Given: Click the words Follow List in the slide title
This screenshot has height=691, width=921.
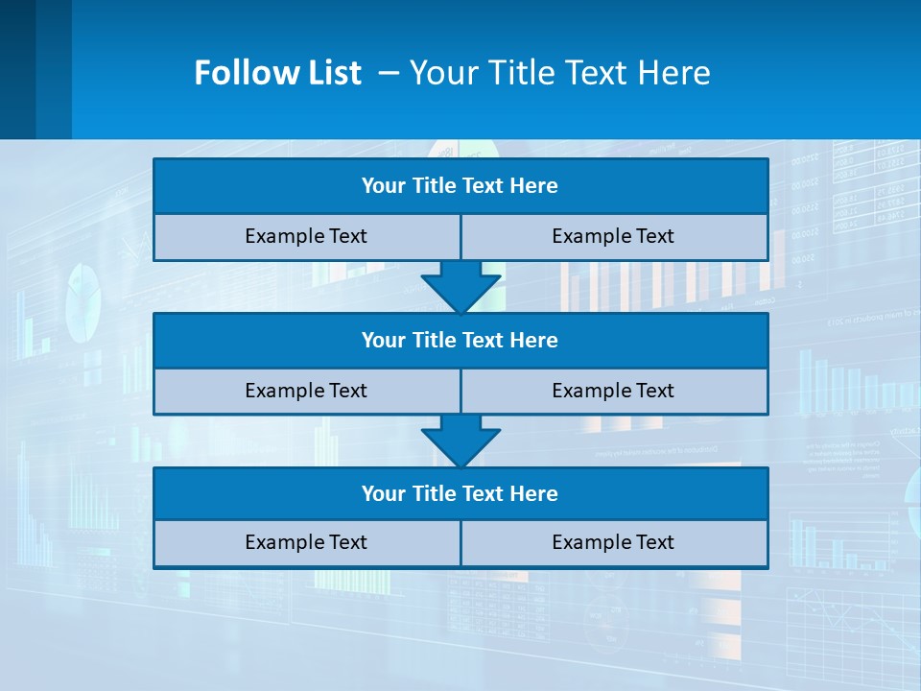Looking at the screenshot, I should tap(277, 73).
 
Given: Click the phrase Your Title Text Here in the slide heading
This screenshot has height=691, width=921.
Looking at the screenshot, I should tap(559, 73).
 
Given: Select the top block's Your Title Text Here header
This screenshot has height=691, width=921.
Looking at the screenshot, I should tap(460, 186).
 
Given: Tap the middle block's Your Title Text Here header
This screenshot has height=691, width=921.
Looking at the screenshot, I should tap(460, 341).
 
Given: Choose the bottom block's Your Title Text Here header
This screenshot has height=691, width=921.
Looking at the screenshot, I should tap(460, 494).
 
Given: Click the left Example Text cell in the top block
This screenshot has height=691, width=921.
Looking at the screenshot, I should tap(306, 237).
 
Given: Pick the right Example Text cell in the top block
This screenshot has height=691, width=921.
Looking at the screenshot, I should tap(613, 237).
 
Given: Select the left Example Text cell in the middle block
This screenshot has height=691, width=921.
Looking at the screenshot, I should tap(306, 392).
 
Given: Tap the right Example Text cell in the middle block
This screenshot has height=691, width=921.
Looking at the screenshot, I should tap(613, 392).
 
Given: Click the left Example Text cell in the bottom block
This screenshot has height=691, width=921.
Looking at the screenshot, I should tap(306, 543).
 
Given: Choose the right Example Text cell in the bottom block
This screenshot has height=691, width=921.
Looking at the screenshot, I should tap(613, 543).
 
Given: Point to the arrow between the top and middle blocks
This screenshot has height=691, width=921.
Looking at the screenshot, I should tap(460, 287).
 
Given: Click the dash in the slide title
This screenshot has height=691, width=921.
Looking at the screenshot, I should tap(389, 73).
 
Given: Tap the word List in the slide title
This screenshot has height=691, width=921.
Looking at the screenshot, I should tap(332, 73).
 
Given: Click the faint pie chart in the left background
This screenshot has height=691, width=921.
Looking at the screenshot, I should tap(83, 301).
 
